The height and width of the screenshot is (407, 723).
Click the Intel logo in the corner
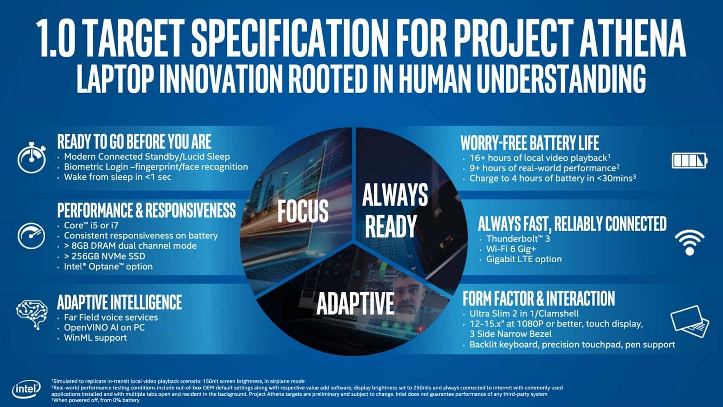[26, 388]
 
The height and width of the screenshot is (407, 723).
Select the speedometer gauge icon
[31, 236]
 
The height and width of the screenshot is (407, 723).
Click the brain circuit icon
[32, 313]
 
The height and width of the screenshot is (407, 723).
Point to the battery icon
[689, 160]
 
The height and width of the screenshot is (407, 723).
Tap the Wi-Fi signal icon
[689, 242]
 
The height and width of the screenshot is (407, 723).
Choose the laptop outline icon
[690, 321]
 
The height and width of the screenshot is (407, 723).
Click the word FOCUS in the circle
[303, 211]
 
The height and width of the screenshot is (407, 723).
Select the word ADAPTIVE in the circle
[355, 303]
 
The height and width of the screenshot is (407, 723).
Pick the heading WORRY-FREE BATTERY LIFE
[530, 143]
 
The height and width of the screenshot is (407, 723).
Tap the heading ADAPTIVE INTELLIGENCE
[119, 302]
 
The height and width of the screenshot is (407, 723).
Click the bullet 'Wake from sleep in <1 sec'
[117, 177]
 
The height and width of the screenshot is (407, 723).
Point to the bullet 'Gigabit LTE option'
[524, 259]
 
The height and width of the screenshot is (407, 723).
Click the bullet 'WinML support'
[95, 338]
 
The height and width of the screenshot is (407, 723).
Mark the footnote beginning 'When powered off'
[97, 400]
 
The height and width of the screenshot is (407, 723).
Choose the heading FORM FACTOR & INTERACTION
[539, 299]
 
